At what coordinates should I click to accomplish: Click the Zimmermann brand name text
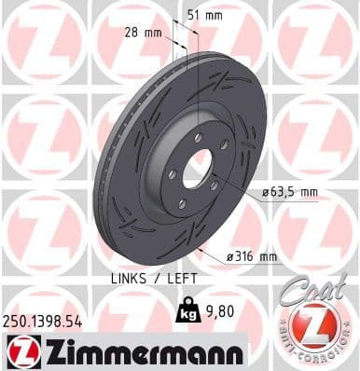(138, 352)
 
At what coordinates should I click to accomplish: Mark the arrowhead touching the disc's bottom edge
(201, 250)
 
